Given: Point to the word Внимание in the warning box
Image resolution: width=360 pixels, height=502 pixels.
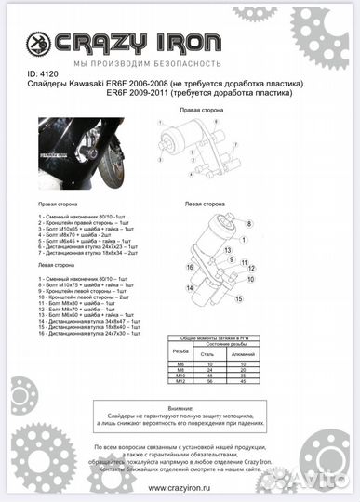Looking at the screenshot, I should (x=180, y=405).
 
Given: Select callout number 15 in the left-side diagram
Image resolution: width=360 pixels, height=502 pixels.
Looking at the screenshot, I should (x=237, y=298).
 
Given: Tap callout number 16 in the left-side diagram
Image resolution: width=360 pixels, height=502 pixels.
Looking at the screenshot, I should (x=190, y=267).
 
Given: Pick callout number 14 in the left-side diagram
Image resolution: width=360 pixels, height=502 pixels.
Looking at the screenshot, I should (x=190, y=288).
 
